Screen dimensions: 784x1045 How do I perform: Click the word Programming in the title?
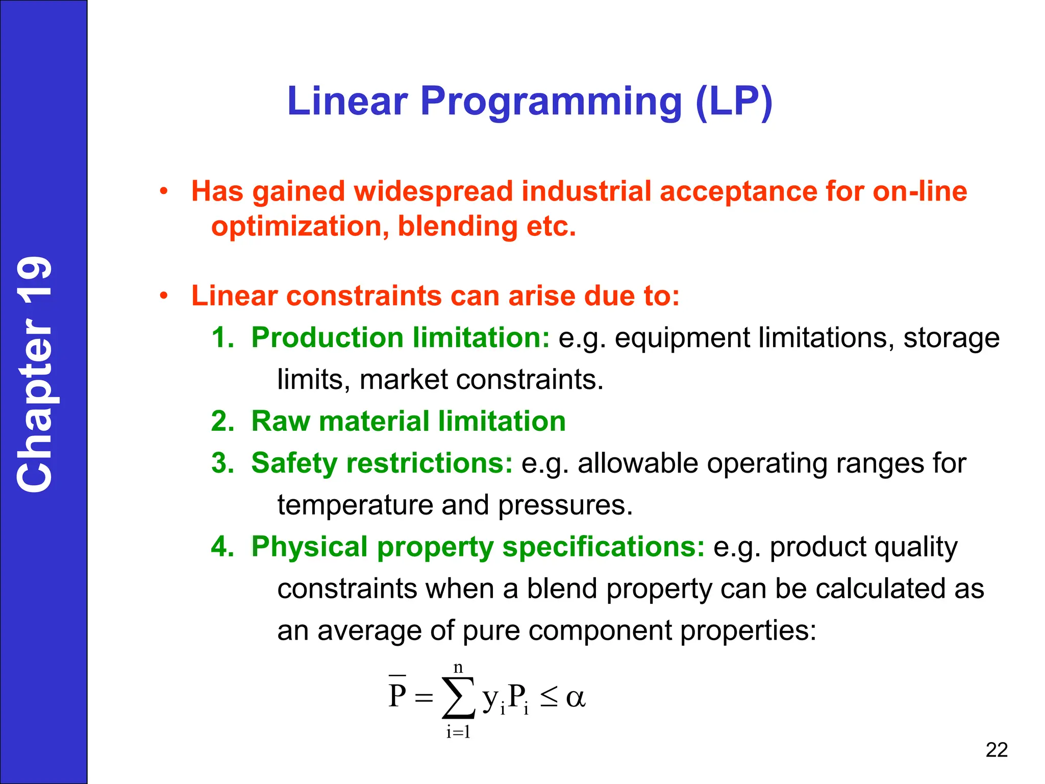(551, 101)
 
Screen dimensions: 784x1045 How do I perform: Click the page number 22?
(996, 750)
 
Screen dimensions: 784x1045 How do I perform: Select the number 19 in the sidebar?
(35, 283)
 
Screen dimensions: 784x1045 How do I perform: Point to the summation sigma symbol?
(458, 697)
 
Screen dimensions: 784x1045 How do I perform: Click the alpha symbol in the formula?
(576, 697)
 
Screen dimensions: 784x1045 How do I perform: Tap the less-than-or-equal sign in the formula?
(549, 697)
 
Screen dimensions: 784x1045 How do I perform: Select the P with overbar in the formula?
(397, 694)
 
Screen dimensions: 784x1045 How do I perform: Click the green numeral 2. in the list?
(222, 422)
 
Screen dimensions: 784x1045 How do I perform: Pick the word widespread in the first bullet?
(433, 191)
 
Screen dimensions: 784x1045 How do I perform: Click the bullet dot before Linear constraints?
(163, 296)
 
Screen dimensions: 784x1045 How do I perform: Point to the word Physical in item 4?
(309, 547)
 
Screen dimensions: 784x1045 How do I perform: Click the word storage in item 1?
(951, 338)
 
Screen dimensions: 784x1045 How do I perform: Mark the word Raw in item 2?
(281, 422)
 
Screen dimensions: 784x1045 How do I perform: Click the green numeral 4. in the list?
(222, 547)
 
